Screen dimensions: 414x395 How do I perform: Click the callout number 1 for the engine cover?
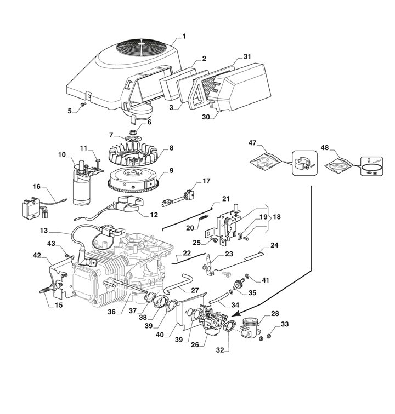184,37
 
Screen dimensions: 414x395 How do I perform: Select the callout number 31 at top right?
247,57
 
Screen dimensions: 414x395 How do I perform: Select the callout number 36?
111,313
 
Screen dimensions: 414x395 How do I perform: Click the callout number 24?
275,245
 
